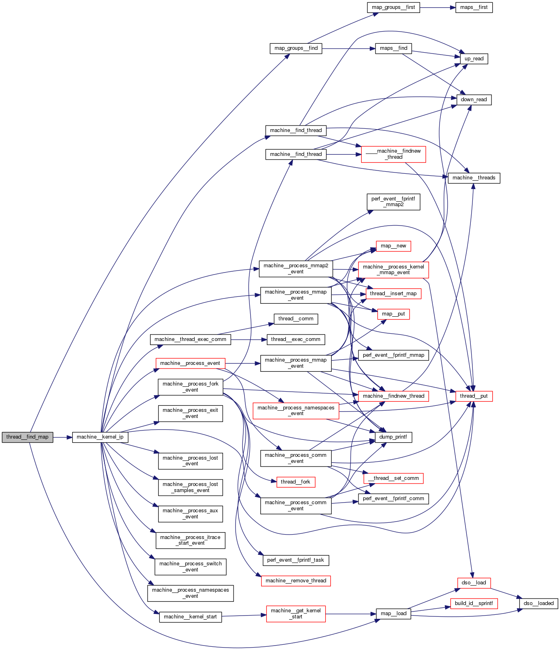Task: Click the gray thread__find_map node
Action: (27, 437)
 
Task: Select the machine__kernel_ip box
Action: (100, 437)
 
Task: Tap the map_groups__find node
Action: (296, 48)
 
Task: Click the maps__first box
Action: (474, 7)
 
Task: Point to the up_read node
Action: (474, 59)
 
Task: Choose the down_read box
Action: (474, 100)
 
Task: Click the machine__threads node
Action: (474, 178)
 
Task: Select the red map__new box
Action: (393, 246)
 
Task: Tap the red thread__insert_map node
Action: (393, 294)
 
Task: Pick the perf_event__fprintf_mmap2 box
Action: (393, 202)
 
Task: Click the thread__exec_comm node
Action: (296, 339)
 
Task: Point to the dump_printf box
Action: (393, 437)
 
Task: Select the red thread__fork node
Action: (295, 482)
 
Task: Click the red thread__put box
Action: (474, 396)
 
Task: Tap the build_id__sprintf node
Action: (474, 603)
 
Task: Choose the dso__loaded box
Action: (539, 603)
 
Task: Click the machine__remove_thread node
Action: (296, 581)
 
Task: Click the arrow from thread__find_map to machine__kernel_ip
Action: (62, 437)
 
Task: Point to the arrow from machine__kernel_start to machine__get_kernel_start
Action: (244, 616)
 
